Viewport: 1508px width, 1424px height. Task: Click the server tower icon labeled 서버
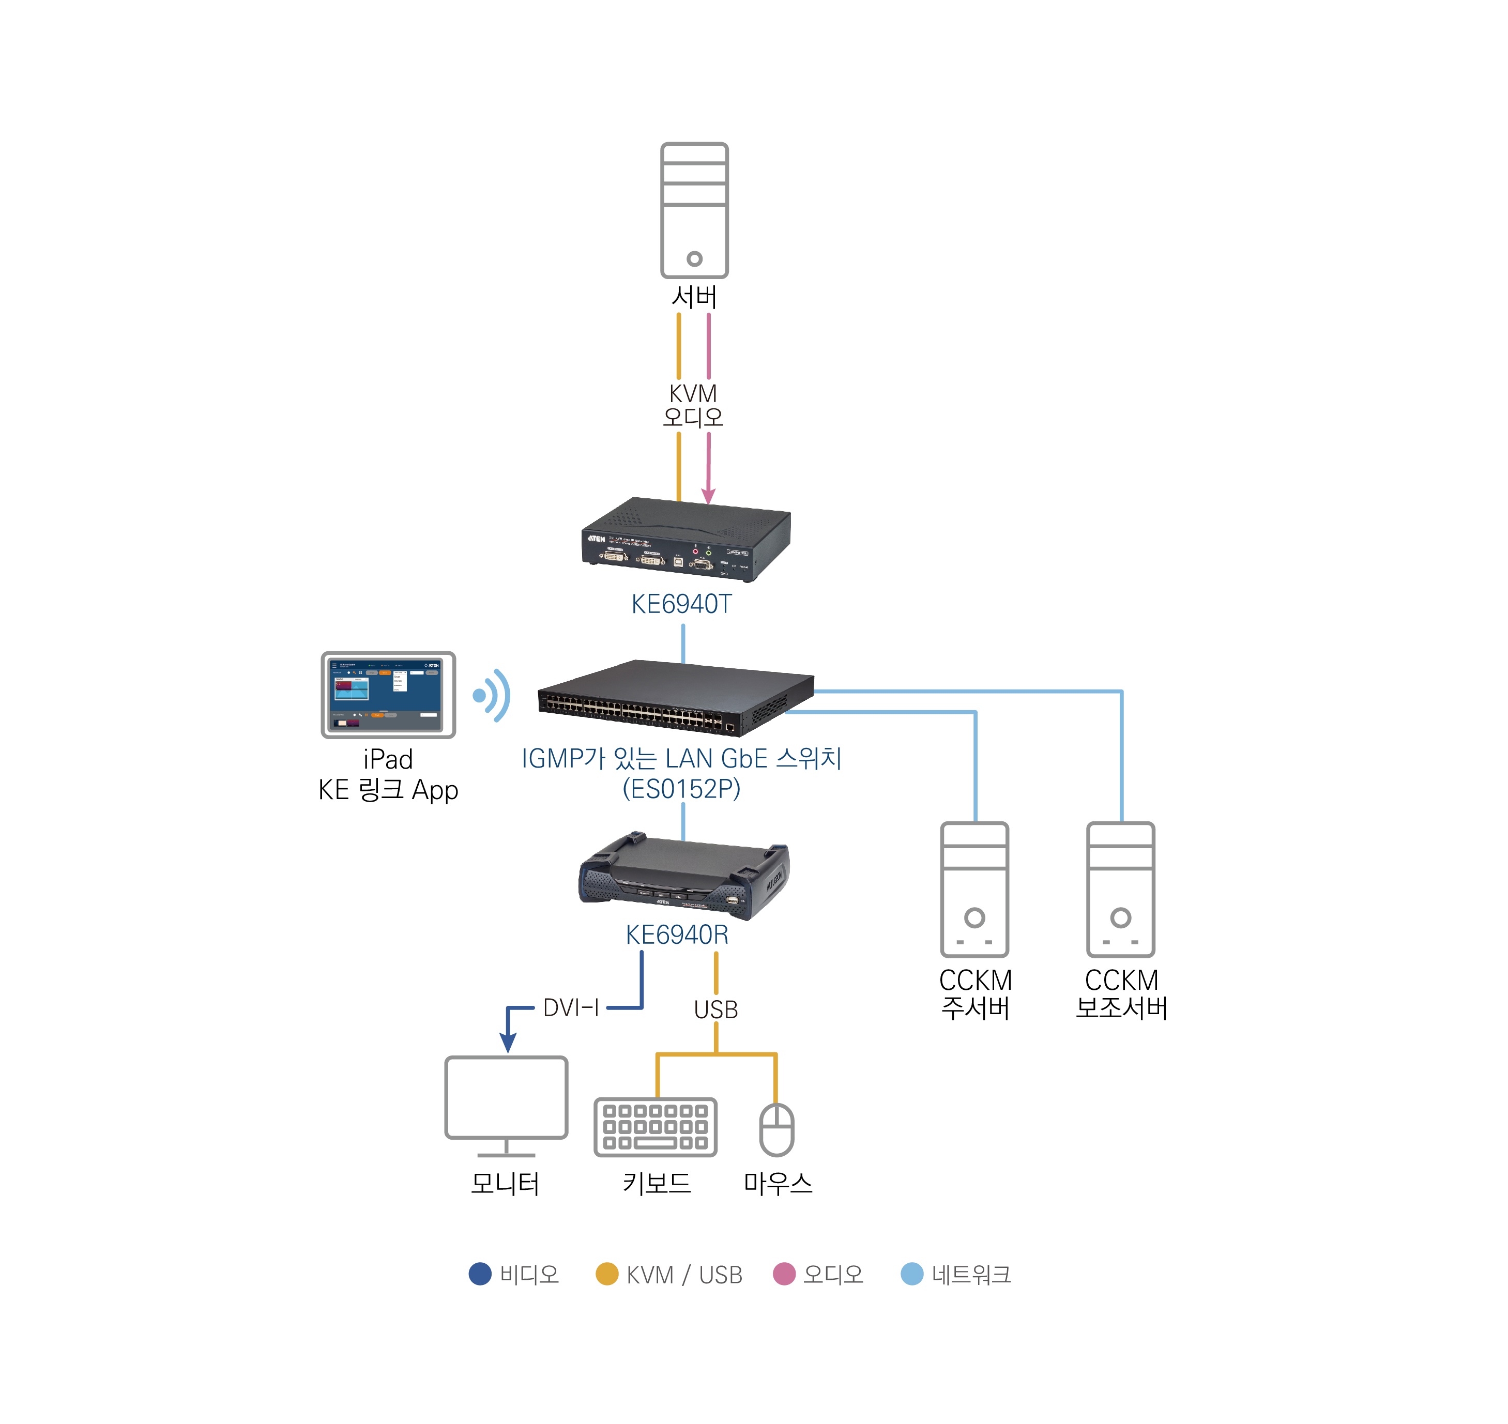693,210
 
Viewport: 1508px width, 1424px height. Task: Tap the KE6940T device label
681,604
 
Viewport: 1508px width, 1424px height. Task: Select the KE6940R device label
677,935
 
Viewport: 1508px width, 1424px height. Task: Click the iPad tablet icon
388,695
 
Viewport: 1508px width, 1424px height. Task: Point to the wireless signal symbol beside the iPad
492,695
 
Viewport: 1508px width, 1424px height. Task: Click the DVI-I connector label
571,1008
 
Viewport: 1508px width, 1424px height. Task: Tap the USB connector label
715,1009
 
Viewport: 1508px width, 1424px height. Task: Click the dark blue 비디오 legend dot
480,1274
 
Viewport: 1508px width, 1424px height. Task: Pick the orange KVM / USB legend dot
607,1274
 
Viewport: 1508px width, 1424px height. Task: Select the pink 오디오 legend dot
784,1274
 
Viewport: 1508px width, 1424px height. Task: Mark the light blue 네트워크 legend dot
911,1274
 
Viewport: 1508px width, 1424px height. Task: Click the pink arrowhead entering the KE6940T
708,496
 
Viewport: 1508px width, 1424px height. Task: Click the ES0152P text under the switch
681,789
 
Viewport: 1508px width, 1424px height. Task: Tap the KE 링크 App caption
388,790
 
